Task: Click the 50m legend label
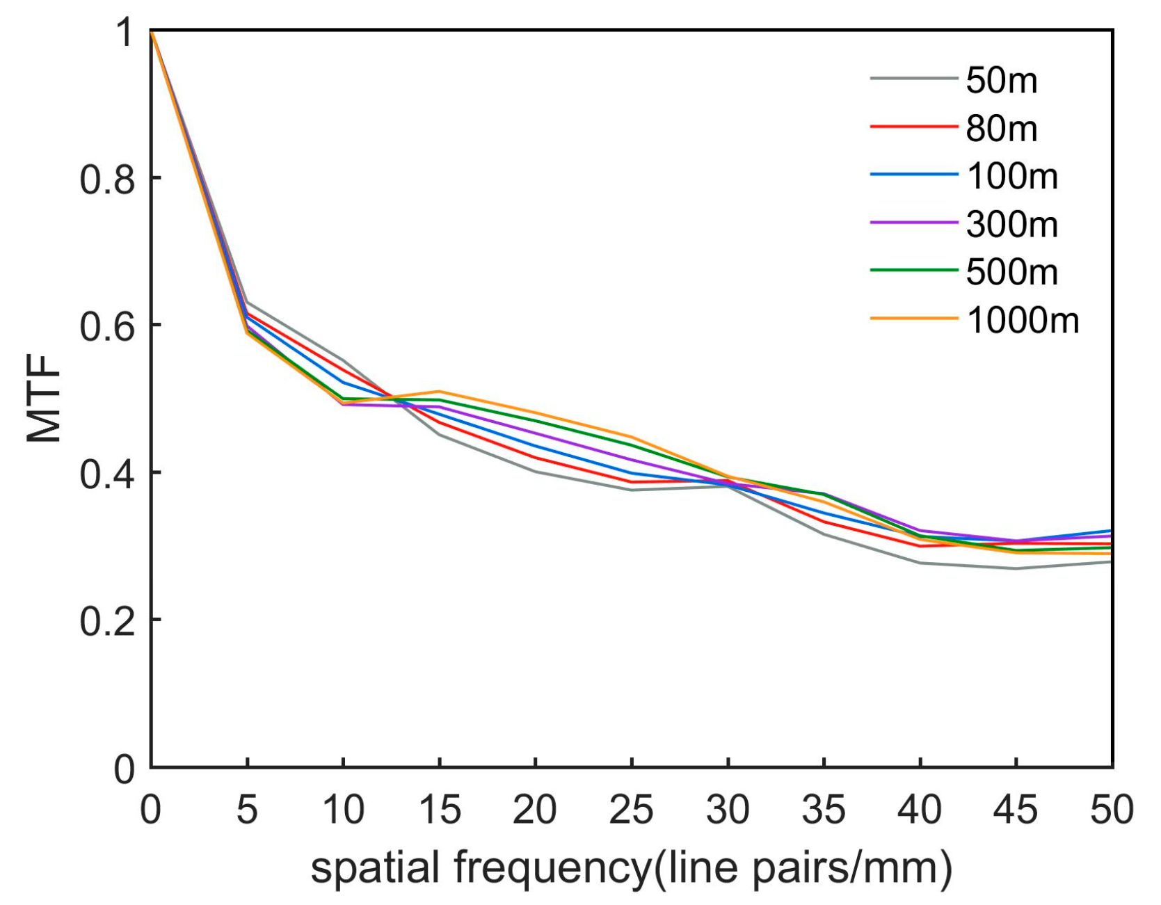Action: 1001,81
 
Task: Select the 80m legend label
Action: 1001,129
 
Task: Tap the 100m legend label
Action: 1012,177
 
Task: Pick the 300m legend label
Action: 1012,225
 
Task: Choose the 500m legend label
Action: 1012,272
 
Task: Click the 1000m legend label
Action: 1023,321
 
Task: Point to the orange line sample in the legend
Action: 913,319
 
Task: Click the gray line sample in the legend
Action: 913,79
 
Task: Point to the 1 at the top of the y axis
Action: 125,33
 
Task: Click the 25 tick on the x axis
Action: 631,810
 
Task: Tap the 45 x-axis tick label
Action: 1016,810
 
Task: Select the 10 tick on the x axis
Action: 343,810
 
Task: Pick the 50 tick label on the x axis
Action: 1111,810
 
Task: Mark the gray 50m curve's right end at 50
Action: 1110,562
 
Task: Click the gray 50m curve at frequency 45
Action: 1016,568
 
